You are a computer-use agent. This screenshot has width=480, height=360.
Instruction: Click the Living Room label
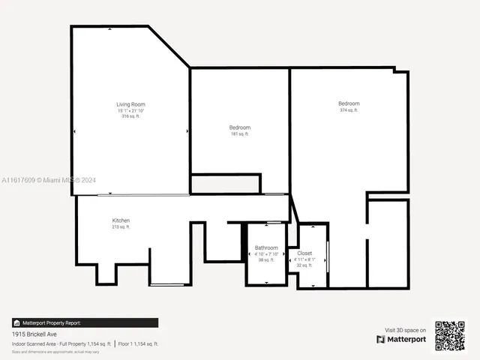click(x=130, y=104)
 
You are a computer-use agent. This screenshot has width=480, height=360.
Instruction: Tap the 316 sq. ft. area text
click(x=130, y=116)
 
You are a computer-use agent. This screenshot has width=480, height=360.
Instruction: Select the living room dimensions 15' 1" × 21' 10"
click(x=130, y=110)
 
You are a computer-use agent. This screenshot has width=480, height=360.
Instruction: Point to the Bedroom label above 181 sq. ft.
click(x=240, y=127)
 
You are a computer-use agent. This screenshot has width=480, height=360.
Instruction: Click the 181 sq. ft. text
click(x=240, y=134)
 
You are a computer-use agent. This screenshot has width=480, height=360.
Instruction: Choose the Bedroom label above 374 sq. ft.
click(x=349, y=103)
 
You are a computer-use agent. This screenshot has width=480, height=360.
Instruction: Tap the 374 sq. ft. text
click(x=349, y=110)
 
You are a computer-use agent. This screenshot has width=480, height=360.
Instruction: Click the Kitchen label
click(x=121, y=220)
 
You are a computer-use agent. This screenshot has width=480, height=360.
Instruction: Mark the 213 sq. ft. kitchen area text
click(x=121, y=226)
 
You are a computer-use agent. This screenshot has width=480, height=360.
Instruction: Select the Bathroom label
click(x=266, y=247)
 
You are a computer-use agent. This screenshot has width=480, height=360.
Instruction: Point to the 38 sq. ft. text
click(x=266, y=259)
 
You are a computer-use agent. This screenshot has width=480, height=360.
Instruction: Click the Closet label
click(x=304, y=253)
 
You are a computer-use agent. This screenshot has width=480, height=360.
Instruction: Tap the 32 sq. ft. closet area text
click(x=304, y=265)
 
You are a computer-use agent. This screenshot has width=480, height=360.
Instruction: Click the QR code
click(x=450, y=335)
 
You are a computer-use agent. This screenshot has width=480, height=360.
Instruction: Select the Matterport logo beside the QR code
click(x=401, y=339)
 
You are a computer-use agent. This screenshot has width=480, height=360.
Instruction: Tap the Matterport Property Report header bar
click(x=85, y=322)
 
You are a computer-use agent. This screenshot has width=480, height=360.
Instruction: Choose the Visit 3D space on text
click(x=406, y=329)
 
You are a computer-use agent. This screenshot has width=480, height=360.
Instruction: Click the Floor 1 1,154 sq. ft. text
click(x=138, y=343)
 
